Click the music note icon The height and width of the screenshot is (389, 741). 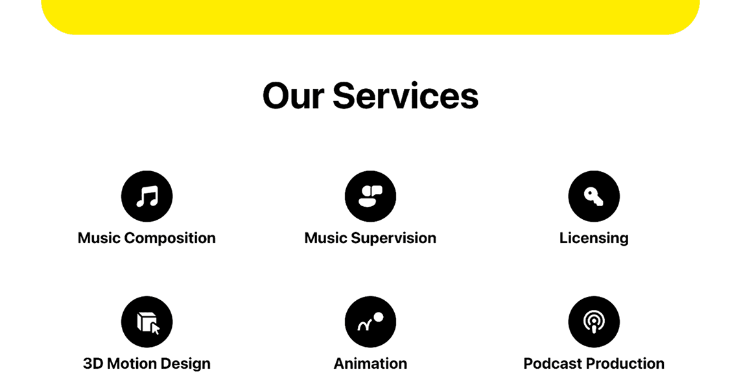147,196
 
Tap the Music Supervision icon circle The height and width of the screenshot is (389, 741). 371,196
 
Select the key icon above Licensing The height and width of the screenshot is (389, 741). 594,196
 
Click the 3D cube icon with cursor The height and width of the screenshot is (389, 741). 147,322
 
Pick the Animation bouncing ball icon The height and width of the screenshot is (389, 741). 371,322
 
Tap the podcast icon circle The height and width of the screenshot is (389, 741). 594,322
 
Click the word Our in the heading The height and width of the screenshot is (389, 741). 293,97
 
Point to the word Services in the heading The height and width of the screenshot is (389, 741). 405,96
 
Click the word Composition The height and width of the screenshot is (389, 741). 170,238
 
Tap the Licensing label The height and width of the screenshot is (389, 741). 594,238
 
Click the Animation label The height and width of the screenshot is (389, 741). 371,364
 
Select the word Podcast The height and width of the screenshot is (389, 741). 553,364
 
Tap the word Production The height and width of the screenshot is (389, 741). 626,364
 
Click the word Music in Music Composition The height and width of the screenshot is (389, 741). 99,238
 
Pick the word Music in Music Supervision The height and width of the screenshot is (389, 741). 325,238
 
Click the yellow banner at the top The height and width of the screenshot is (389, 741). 371,17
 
